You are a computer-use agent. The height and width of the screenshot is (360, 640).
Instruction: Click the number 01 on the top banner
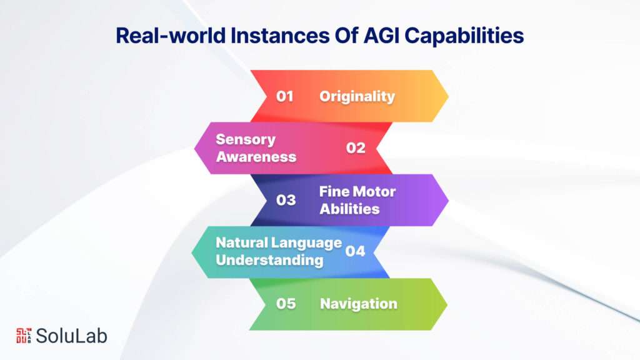(285, 96)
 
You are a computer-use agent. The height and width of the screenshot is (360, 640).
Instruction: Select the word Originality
(357, 96)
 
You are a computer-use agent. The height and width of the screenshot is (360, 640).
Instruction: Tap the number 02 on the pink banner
(356, 148)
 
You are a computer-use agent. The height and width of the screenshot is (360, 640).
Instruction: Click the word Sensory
(246, 139)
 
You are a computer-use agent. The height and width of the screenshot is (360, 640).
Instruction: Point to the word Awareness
(256, 156)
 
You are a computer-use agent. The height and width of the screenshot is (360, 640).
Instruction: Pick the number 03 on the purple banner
(286, 200)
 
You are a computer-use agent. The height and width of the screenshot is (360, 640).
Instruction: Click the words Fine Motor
(357, 191)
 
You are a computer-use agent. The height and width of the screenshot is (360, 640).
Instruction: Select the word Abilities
(349, 209)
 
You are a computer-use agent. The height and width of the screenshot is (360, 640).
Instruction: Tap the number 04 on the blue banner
(355, 252)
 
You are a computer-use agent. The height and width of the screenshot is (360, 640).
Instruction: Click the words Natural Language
(279, 242)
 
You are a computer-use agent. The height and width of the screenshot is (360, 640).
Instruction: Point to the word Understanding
(269, 260)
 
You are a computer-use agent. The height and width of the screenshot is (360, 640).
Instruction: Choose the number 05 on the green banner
(286, 304)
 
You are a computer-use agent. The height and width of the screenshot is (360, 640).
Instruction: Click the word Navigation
(358, 304)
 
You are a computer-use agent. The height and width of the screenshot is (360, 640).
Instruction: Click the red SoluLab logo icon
(22, 336)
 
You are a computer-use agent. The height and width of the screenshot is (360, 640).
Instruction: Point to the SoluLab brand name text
(71, 336)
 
